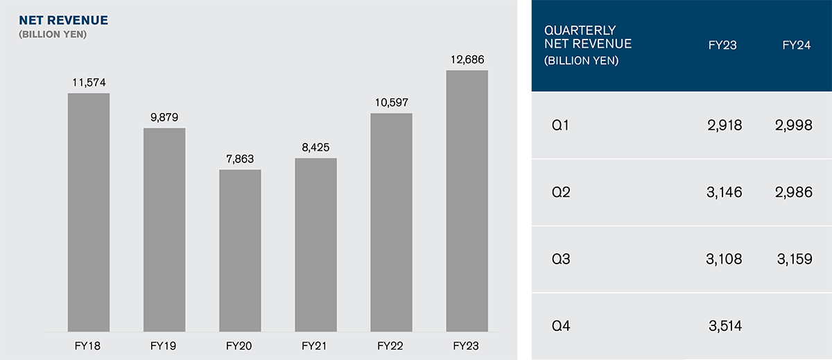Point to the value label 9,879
click(164, 117)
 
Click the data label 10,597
click(392, 103)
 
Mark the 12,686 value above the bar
click(467, 60)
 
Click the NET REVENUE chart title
click(63, 20)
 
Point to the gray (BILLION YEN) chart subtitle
click(53, 34)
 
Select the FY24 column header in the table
click(796, 46)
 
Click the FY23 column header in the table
click(722, 46)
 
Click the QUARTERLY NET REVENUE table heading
click(588, 44)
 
